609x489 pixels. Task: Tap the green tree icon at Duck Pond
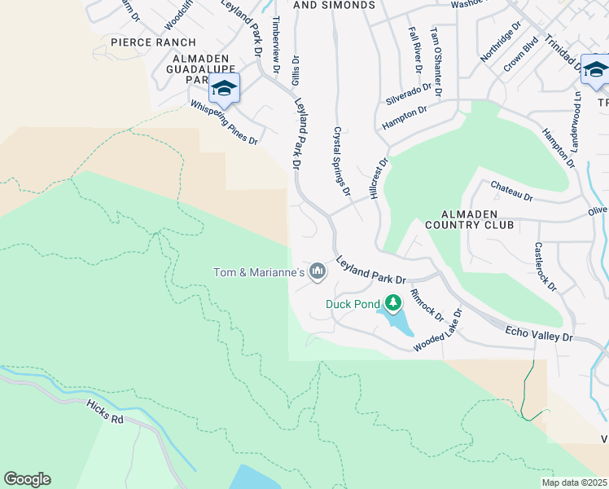(393, 304)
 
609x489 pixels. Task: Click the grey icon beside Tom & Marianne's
(318, 271)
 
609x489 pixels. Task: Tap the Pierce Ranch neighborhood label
(153, 42)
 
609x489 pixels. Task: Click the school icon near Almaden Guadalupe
(224, 88)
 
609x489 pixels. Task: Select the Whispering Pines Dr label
(224, 123)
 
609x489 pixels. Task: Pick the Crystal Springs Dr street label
(342, 161)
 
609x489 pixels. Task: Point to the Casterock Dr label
(545, 267)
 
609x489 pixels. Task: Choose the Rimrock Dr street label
(426, 304)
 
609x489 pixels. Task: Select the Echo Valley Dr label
(539, 334)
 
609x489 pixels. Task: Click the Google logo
(27, 479)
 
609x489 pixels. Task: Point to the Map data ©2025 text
(573, 482)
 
